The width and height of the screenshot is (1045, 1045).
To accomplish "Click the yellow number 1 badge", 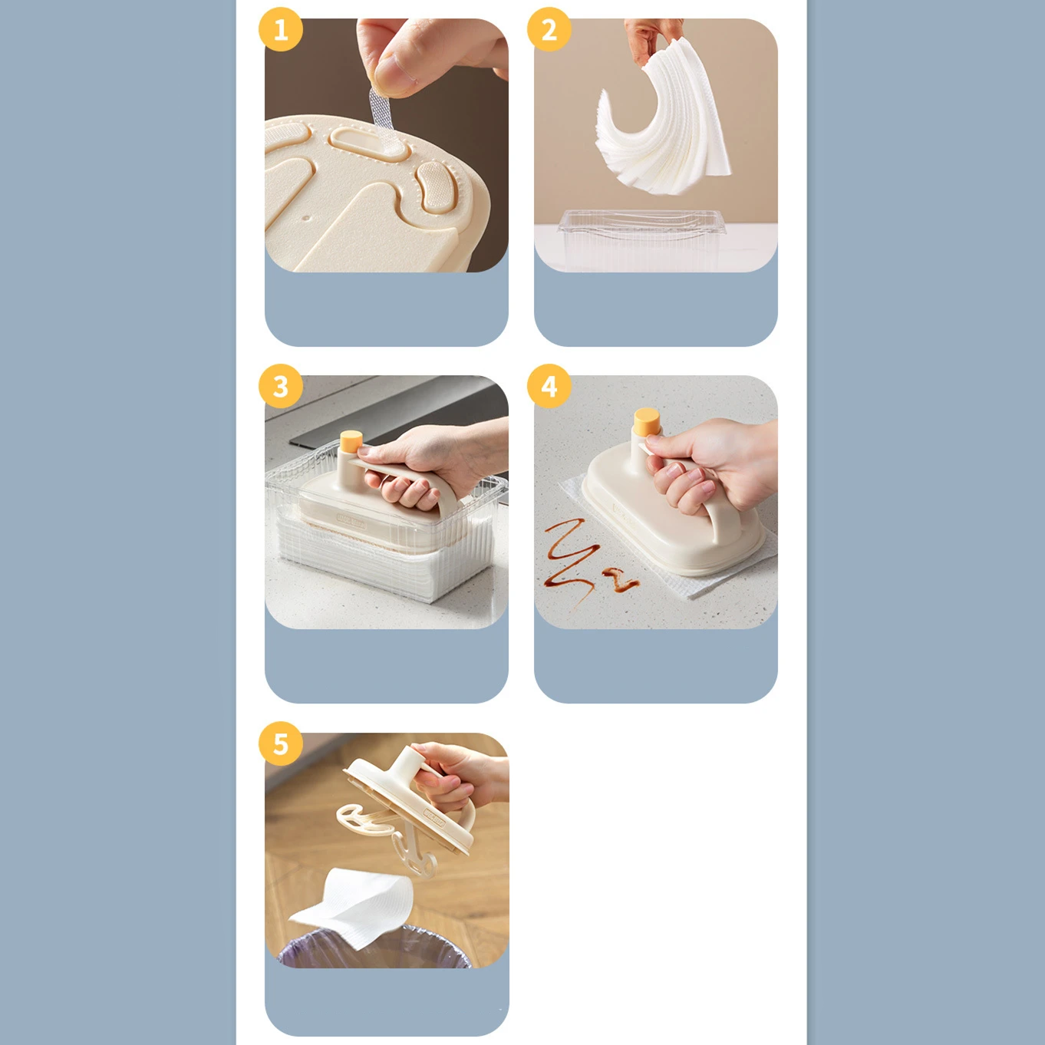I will pyautogui.click(x=281, y=30).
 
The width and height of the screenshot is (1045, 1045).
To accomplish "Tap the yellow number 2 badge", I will pyautogui.click(x=549, y=30).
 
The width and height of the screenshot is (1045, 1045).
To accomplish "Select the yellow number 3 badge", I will pyautogui.click(x=281, y=386).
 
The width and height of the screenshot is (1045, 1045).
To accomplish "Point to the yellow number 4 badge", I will pyautogui.click(x=549, y=386).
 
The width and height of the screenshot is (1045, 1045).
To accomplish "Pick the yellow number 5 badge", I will pyautogui.click(x=281, y=743).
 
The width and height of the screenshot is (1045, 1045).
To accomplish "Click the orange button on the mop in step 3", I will pyautogui.click(x=351, y=441).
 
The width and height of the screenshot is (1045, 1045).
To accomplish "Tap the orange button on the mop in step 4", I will pyautogui.click(x=647, y=421).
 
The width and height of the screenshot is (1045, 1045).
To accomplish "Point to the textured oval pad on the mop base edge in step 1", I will pyautogui.click(x=434, y=189).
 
